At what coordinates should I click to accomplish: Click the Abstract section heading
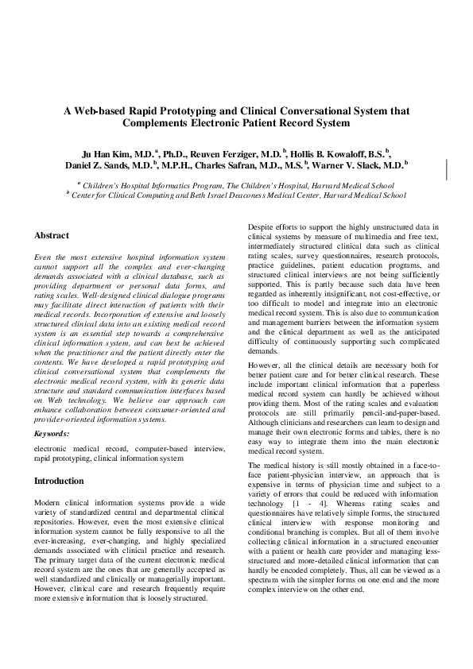52,236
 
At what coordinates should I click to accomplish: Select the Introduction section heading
59,481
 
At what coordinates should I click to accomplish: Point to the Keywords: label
52,434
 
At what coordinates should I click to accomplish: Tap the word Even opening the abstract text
45,258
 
